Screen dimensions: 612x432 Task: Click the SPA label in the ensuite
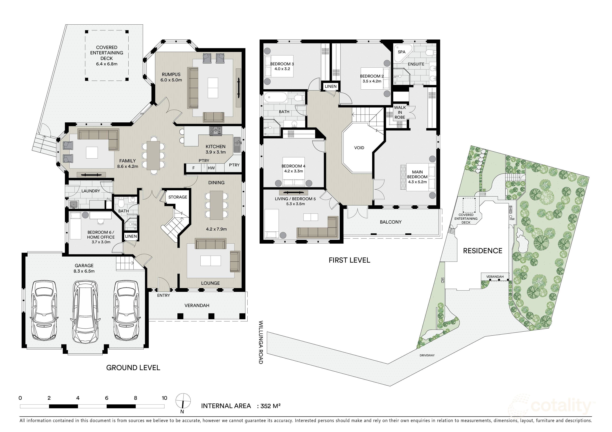[x=401, y=52]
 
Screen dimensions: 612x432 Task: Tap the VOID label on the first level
[x=359, y=148]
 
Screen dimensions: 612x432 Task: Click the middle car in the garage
[x=85, y=312]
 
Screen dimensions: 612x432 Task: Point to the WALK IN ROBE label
[x=400, y=112]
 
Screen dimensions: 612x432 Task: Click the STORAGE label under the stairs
[x=178, y=197]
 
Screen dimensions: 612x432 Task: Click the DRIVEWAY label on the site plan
[x=427, y=355]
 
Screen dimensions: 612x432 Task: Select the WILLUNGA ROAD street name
[x=261, y=342]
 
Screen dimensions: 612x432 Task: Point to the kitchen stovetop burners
[x=215, y=130]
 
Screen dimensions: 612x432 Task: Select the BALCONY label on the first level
[x=390, y=222]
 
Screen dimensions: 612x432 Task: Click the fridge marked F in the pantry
[x=193, y=168]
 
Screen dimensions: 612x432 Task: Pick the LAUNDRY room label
[x=91, y=191]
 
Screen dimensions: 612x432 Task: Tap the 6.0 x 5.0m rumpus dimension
[x=171, y=80]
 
